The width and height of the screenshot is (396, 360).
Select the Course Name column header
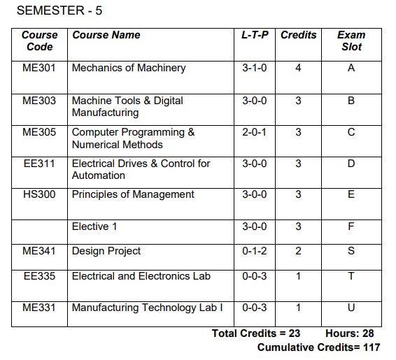coord(106,35)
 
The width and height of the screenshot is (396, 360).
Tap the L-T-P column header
coord(255,35)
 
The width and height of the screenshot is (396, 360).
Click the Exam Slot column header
coord(351,41)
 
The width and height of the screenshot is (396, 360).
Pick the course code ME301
coord(39,68)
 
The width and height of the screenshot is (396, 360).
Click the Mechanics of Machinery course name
coord(129,68)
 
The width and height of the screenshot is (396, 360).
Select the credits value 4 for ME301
coord(298,68)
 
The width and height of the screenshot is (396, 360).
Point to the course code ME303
coord(39,101)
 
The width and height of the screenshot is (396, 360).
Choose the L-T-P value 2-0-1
coord(255,132)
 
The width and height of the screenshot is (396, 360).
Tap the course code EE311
coord(39,164)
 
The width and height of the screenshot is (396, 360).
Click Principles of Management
coord(133,194)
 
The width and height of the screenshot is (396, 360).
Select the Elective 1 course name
coord(95,226)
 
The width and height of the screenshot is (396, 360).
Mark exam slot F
coord(351,226)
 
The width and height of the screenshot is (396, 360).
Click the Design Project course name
coord(106,251)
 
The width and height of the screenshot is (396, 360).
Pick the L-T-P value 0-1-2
coord(255,251)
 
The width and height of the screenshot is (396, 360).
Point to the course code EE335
coord(39,276)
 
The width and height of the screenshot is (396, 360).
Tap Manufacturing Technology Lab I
coord(148,308)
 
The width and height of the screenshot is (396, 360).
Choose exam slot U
coord(351,308)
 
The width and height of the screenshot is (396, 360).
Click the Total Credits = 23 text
coord(256,333)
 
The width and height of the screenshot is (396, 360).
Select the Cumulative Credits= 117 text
coord(319,347)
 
